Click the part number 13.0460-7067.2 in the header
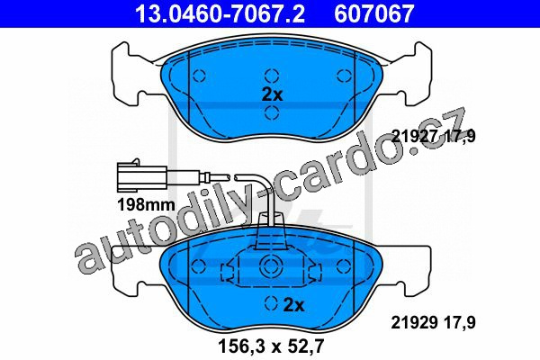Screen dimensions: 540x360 220,13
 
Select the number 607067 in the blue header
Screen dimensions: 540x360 373,13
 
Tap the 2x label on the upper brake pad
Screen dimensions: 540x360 272,94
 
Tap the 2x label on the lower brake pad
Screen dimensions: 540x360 293,305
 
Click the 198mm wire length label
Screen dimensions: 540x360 147,205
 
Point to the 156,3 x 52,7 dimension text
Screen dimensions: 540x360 272,346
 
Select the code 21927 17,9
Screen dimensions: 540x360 434,136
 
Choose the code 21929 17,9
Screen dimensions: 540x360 433,323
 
